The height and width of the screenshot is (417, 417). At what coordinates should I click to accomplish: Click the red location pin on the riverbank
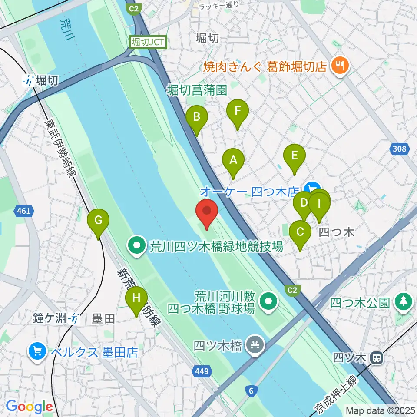click(207, 212)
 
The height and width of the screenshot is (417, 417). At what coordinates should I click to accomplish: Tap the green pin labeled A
click(233, 160)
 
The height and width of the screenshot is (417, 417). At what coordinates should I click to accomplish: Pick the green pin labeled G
click(99, 221)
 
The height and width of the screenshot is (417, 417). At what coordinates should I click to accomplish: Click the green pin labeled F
click(237, 111)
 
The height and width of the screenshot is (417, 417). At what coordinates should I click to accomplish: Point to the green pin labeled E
click(294, 156)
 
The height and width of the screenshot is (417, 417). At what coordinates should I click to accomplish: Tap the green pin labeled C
click(300, 232)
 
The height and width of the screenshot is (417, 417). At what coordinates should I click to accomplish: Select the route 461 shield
click(24, 211)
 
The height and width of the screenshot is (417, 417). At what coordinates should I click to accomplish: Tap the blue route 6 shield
click(251, 391)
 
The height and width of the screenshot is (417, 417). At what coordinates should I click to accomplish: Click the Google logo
click(29, 407)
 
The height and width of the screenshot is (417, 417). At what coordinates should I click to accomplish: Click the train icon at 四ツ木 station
click(377, 358)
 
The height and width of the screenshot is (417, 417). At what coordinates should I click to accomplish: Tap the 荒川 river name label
click(66, 30)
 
